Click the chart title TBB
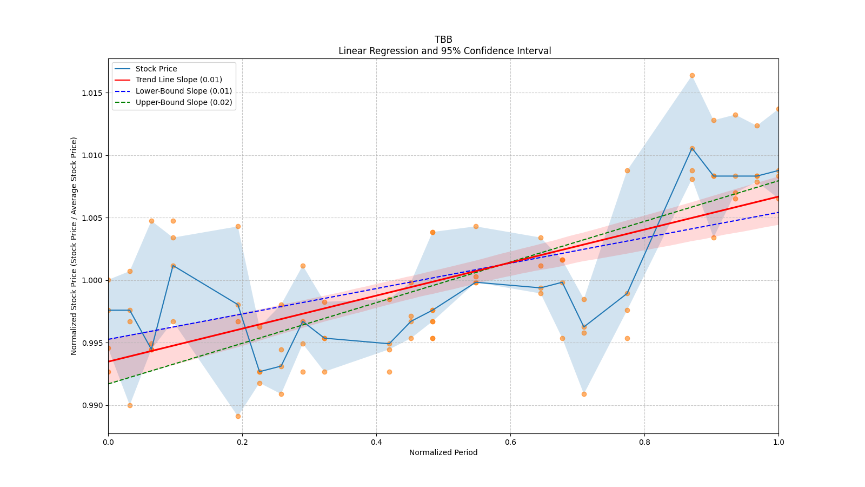(x=443, y=40)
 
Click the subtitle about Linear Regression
(x=444, y=51)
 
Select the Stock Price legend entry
(x=156, y=69)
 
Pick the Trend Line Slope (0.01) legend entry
(x=178, y=80)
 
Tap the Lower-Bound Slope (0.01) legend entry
(x=183, y=91)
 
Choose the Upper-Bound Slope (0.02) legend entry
(x=183, y=102)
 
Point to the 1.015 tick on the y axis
(x=92, y=93)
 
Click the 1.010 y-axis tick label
(x=92, y=155)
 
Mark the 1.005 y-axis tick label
(x=92, y=218)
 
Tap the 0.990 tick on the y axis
(x=92, y=405)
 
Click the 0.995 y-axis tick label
(x=92, y=343)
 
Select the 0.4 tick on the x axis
(x=376, y=442)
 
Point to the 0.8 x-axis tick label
(x=644, y=442)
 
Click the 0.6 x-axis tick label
(x=510, y=442)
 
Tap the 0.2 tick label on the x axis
(x=242, y=442)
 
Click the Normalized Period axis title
(x=443, y=452)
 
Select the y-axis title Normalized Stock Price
(x=74, y=246)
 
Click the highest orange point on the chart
(x=692, y=75)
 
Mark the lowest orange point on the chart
(x=238, y=416)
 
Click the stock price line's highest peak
(x=692, y=148)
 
